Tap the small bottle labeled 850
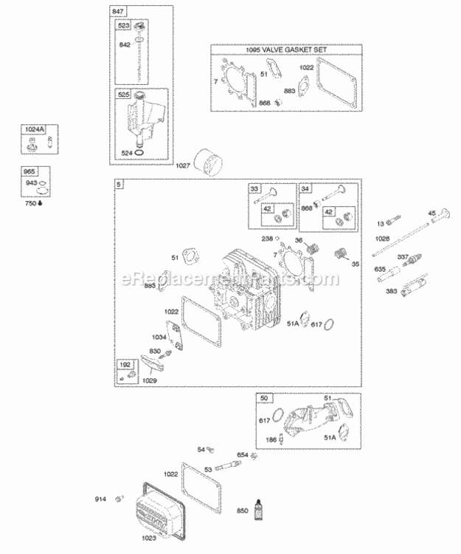coord(258,510)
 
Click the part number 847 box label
coord(119,13)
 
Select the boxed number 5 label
coord(119,184)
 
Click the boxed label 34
coord(305,189)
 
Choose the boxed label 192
coord(125,365)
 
